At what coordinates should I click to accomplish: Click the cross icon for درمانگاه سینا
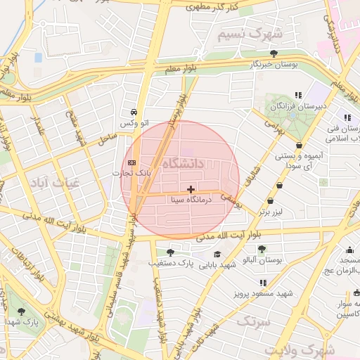(x=191, y=189)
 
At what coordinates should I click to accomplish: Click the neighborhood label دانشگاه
(x=183, y=164)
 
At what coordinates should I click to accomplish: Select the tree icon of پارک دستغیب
(x=169, y=252)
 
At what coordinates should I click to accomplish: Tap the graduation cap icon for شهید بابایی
(x=217, y=254)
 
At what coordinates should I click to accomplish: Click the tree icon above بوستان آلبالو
(x=262, y=249)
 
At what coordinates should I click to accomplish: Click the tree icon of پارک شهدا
(x=21, y=311)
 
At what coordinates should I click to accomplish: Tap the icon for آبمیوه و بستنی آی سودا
(x=300, y=146)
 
